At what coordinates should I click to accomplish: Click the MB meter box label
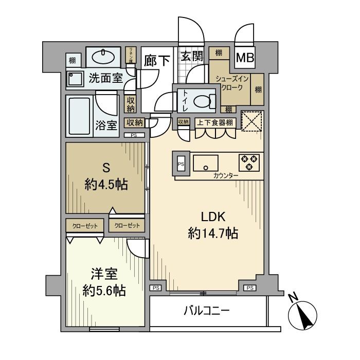point(244,59)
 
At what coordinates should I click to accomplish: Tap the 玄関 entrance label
point(191,57)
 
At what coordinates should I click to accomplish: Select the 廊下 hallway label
point(157,60)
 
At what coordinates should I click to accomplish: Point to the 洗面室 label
point(105,78)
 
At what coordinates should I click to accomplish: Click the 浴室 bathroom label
point(106,125)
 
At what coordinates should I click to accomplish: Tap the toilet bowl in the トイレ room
point(204,100)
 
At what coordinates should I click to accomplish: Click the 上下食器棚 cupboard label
point(215,122)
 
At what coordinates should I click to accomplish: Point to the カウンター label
point(226,176)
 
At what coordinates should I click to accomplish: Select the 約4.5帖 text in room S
point(106,184)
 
